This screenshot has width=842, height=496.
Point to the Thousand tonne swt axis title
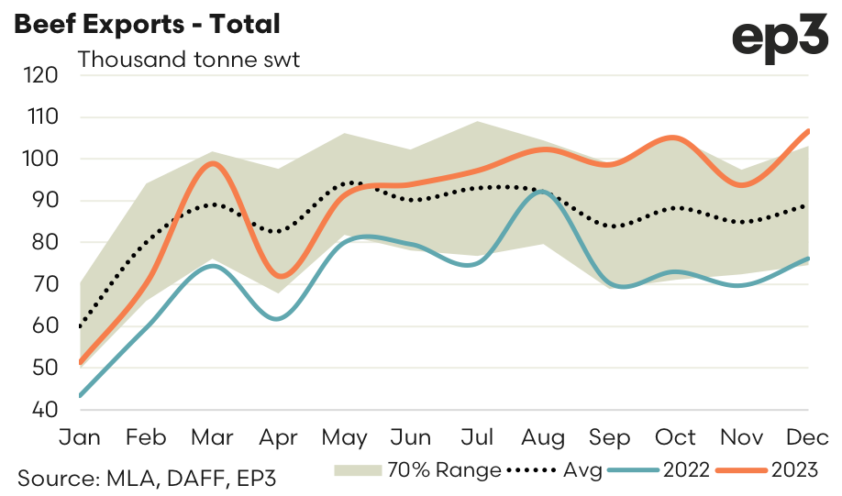(x=189, y=61)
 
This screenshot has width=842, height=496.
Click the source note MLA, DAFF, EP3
(x=146, y=477)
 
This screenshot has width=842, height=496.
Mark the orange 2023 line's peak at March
(x=213, y=163)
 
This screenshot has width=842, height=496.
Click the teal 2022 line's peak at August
(x=543, y=192)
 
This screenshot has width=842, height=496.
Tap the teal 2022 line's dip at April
(x=278, y=318)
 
